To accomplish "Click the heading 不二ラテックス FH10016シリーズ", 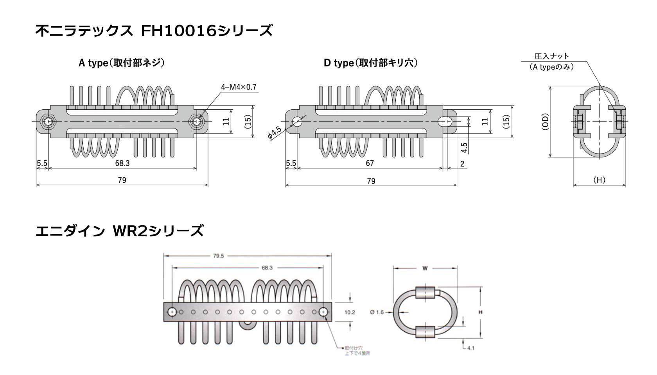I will [x=154, y=31].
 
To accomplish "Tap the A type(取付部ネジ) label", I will [x=121, y=63].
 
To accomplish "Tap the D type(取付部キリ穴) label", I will [x=370, y=63].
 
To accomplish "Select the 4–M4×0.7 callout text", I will [x=239, y=87].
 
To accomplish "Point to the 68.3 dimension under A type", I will [x=122, y=163].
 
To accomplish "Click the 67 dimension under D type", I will [x=370, y=163].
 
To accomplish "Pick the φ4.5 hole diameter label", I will [x=275, y=133].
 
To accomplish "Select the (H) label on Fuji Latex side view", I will [x=599, y=180].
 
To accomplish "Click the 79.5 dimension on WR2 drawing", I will [x=219, y=256].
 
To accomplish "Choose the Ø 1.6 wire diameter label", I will [x=377, y=312].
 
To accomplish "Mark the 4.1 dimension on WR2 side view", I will [x=470, y=347].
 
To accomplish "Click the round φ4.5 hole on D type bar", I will [x=297, y=121].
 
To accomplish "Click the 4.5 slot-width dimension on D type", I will [x=464, y=147].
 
